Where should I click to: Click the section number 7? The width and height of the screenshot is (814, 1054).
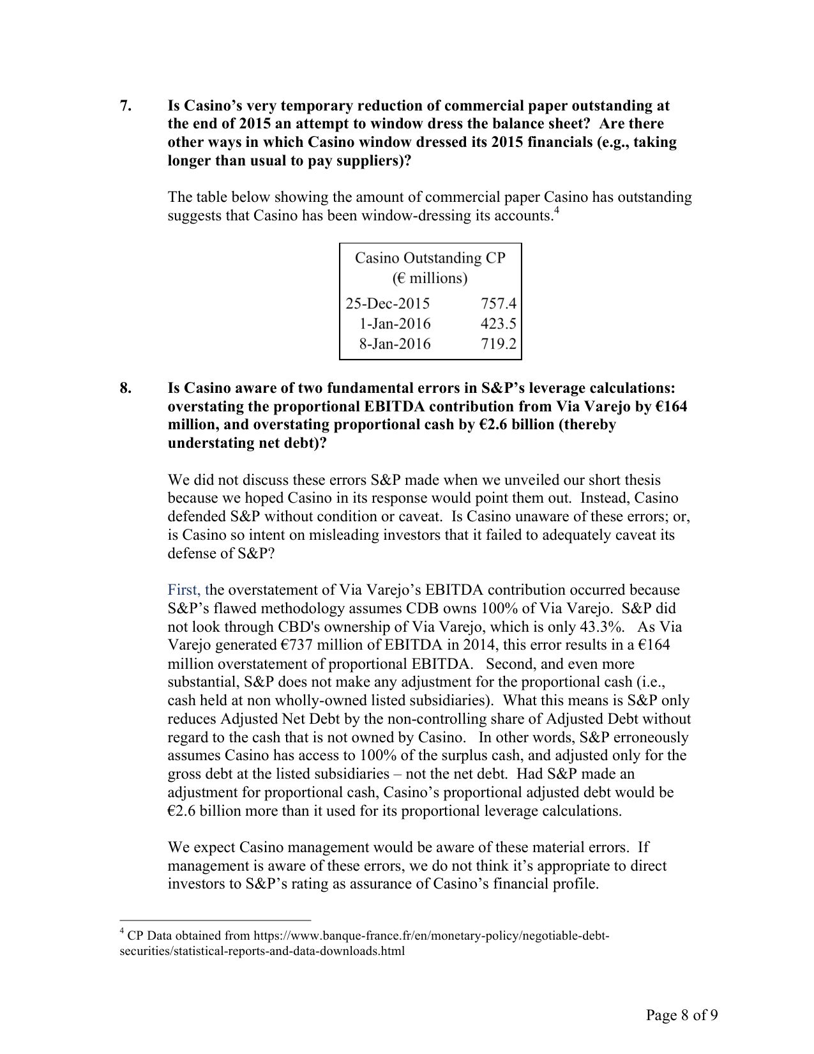tap(125, 106)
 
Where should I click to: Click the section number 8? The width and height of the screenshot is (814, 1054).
tap(125, 388)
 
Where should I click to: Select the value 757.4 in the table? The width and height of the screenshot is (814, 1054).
tap(498, 303)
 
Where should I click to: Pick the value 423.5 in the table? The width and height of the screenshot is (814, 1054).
tap(498, 324)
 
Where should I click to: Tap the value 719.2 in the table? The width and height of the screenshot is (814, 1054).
tap(498, 344)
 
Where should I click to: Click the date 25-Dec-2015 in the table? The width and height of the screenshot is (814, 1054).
tap(388, 303)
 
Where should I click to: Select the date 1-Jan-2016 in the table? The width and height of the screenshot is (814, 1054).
tap(395, 324)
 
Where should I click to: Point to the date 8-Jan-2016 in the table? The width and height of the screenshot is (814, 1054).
tap(395, 344)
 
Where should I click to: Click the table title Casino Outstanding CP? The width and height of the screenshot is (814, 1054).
tap(430, 258)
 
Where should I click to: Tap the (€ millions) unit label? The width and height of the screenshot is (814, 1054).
tap(430, 279)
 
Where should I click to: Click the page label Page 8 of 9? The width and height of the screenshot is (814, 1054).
tap(681, 1015)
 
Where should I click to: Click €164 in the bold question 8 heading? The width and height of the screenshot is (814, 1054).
tap(670, 407)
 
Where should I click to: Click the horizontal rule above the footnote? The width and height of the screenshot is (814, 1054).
tap(215, 920)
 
